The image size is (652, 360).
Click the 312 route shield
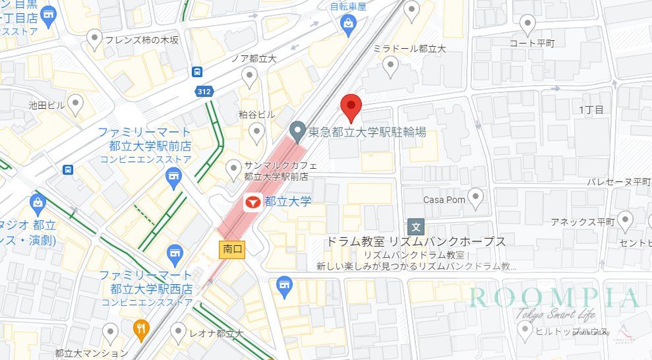(x=204, y=92)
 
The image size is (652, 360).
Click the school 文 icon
(x=416, y=225)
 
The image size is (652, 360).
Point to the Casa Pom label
(x=444, y=200)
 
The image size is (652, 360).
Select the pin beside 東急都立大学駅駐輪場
(x=298, y=131)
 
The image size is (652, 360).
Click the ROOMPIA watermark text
(x=554, y=297)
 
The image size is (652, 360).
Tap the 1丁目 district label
(x=591, y=109)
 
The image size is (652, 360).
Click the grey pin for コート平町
(x=527, y=24)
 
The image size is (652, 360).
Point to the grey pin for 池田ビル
(x=76, y=103)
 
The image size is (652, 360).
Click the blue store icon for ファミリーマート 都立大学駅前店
(x=173, y=176)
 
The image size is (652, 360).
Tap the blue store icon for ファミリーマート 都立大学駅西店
(x=174, y=251)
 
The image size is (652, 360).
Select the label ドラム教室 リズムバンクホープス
(x=415, y=241)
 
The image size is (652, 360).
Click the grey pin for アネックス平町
(x=625, y=220)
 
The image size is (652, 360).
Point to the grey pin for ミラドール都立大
(x=391, y=65)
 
